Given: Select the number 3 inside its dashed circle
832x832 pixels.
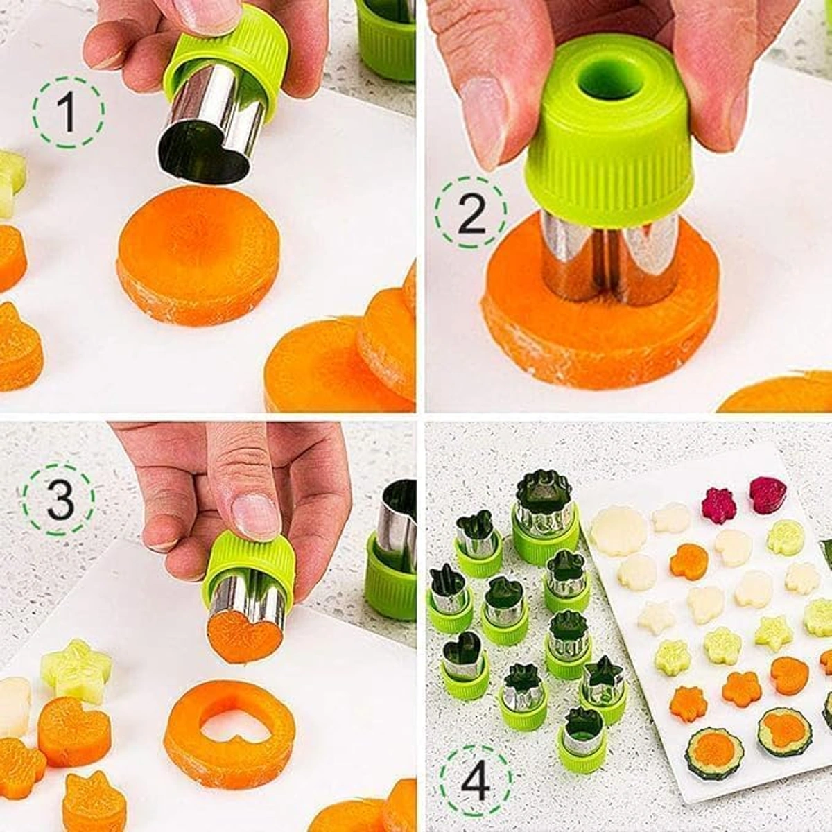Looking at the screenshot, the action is [58, 501].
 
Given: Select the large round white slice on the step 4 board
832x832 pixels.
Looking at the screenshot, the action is [607, 529].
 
